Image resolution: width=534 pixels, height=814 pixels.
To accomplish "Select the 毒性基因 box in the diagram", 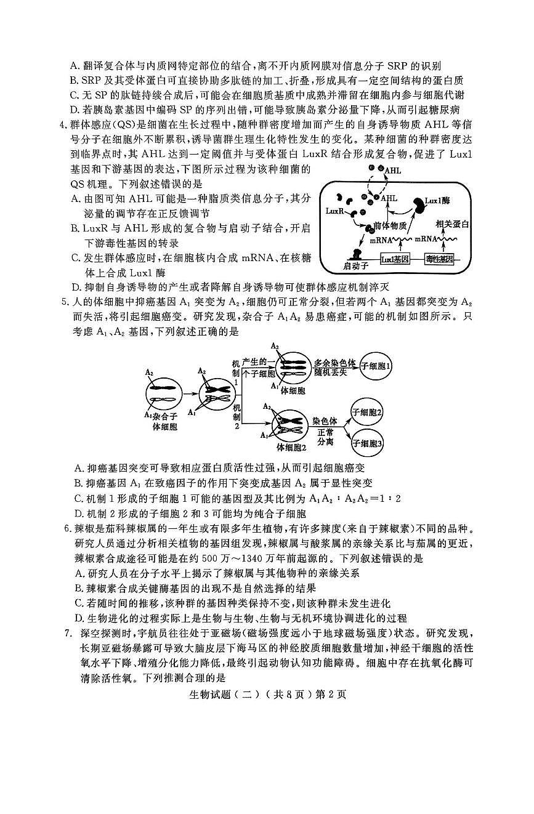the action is click(x=439, y=259).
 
